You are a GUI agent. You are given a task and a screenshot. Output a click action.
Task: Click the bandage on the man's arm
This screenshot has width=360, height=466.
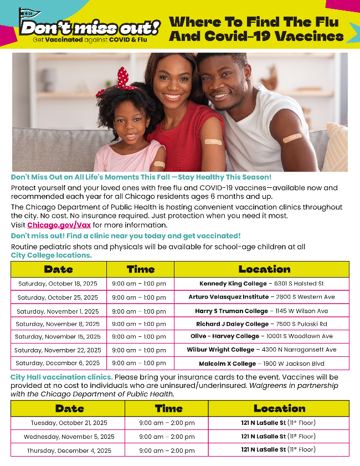coord(292,137)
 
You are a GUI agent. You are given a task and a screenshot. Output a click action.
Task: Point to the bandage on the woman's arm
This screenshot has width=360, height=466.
coord(213,142)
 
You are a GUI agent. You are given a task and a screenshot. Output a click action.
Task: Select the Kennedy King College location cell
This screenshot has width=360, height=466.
coord(261,284)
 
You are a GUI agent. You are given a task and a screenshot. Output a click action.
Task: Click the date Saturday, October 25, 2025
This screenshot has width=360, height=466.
coord(58,298)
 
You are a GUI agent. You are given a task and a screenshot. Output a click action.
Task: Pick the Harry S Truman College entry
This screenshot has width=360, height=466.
coord(261,311)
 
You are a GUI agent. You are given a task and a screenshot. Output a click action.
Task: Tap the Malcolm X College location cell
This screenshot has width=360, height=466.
coord(261,363)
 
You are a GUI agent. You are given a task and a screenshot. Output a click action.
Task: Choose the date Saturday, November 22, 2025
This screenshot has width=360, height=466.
coord(58,350)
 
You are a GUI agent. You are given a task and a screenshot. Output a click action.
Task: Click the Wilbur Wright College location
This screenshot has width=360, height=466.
coord(261,350)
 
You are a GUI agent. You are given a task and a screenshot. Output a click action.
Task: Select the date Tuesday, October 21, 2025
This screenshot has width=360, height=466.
coord(67,423)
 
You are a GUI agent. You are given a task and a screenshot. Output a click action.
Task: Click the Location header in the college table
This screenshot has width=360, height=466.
coord(264,269)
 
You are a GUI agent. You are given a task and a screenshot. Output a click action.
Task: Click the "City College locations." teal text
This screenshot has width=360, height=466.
coord(51,255)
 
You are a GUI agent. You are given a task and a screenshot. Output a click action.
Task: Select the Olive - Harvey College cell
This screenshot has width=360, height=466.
coord(261,336)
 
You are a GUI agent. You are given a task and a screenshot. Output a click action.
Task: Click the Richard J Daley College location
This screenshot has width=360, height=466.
coord(261,324)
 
